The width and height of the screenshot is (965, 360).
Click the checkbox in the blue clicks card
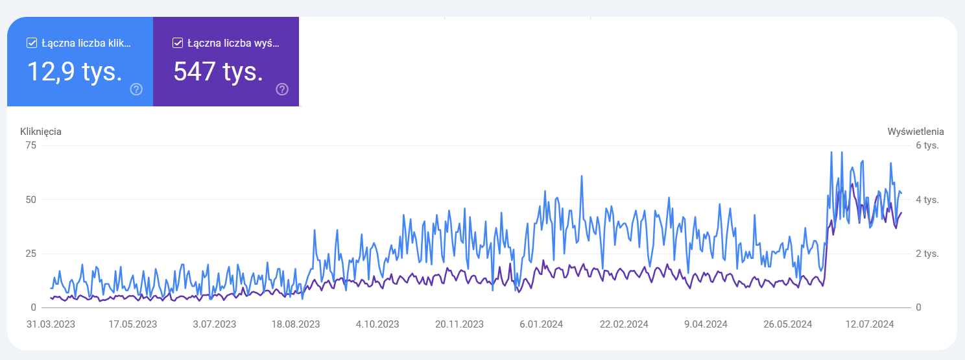click(32, 43)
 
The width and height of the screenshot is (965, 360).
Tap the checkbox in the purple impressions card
click(178, 43)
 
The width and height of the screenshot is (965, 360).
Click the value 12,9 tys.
click(75, 71)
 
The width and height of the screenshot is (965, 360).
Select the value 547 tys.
click(218, 71)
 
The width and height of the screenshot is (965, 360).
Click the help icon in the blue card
click(136, 90)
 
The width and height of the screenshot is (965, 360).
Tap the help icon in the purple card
click(282, 90)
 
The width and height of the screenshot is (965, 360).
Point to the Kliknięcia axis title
click(41, 131)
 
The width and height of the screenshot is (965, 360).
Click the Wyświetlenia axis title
click(916, 131)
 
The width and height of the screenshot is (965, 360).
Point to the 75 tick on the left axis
click(30, 145)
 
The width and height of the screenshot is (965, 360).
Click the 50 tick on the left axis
click(30, 199)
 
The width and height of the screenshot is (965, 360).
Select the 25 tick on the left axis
click(30, 253)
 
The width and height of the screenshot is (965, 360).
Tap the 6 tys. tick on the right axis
click(927, 145)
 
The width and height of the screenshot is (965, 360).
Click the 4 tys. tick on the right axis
click(927, 199)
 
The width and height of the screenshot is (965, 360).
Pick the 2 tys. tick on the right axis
click(927, 253)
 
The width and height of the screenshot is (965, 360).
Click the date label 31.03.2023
click(51, 324)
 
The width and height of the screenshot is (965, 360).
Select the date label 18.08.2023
click(296, 324)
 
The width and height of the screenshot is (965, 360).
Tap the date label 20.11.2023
click(459, 324)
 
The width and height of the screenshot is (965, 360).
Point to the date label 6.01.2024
click(541, 324)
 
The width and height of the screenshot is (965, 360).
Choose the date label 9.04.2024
click(706, 324)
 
